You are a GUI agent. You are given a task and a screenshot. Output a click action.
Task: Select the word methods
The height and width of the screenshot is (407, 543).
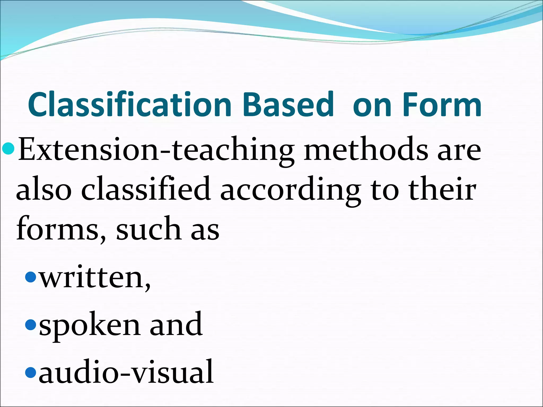[x=366, y=150]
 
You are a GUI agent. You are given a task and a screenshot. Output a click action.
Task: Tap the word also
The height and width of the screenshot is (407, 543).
[x=44, y=189]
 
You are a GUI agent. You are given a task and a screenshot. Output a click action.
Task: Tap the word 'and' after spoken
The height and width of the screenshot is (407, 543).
[x=176, y=324]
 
